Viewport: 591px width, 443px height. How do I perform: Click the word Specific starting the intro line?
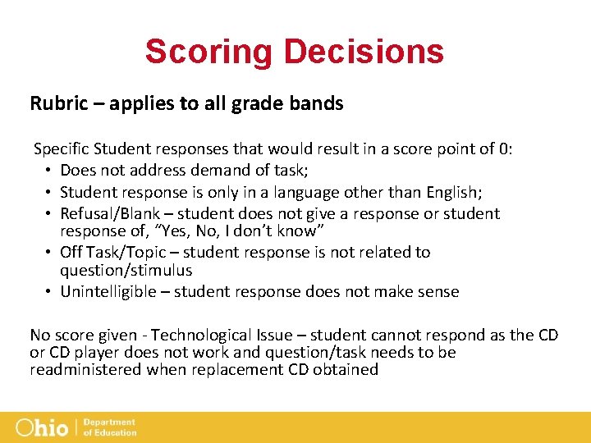coord(62,148)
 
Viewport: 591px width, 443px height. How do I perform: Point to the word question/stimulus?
coord(126,270)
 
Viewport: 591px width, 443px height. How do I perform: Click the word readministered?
coord(85,369)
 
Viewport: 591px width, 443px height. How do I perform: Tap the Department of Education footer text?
coord(109,427)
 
